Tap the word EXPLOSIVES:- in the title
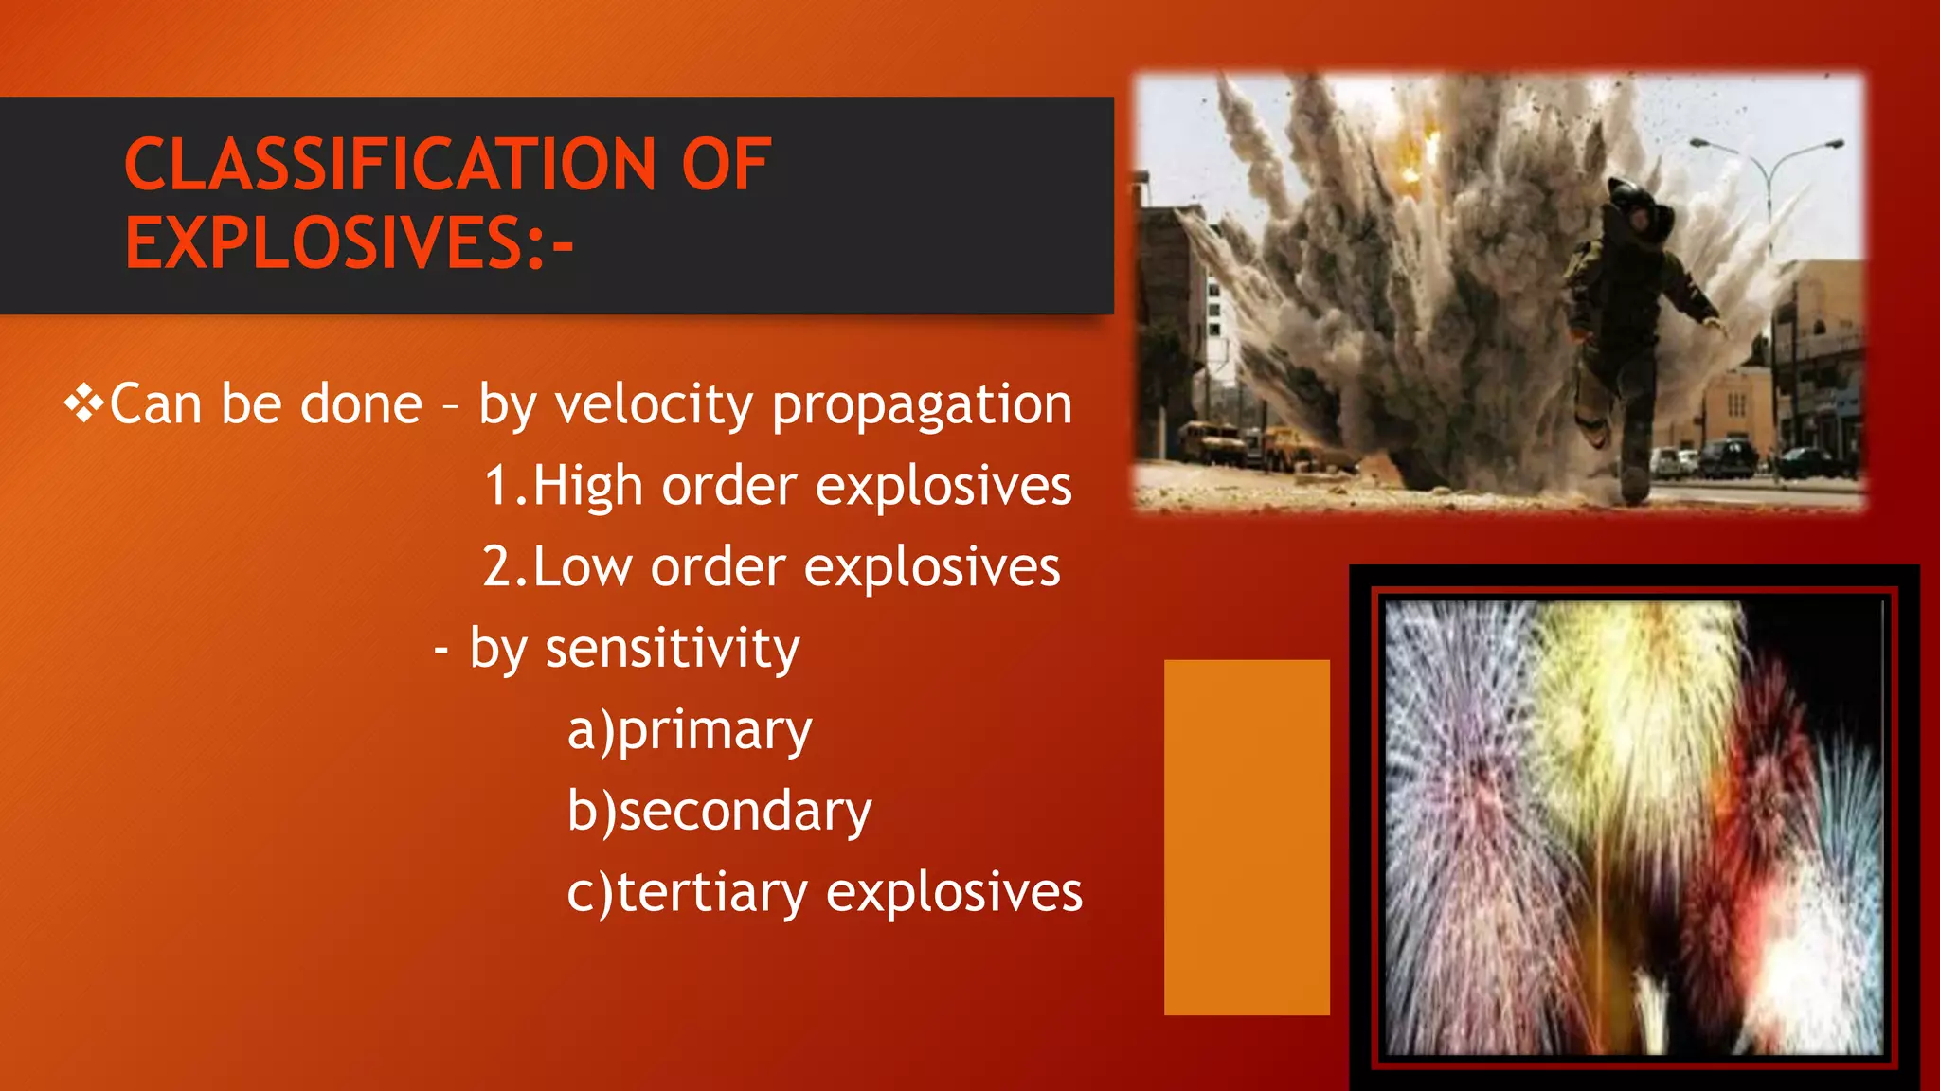coord(349,243)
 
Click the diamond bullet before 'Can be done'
coord(84,404)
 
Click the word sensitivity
coord(673,650)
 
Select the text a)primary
coord(690,731)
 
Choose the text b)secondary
coord(719,812)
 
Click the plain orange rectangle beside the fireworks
coord(1247,837)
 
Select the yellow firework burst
coord(1629,701)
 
